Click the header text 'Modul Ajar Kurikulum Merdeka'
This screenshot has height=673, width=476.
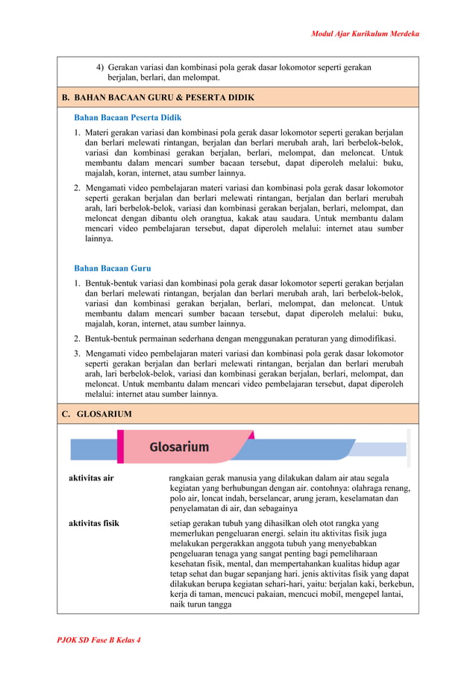click(365, 34)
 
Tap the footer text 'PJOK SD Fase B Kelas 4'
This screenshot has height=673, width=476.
click(99, 640)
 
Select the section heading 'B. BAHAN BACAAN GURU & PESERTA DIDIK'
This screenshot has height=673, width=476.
click(157, 98)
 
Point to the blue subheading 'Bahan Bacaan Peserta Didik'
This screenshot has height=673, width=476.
click(128, 118)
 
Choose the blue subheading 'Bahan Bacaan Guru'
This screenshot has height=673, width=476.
click(112, 268)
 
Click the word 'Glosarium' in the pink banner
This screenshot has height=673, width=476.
click(179, 447)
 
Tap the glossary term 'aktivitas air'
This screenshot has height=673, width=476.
click(91, 478)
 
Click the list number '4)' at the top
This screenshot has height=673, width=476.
click(100, 67)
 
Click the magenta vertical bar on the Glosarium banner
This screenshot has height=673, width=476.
click(120, 446)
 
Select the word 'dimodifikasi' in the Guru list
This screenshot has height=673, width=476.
click(371, 339)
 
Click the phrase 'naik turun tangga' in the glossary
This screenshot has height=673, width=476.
click(201, 606)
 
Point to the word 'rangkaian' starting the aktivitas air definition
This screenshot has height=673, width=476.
click(187, 478)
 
